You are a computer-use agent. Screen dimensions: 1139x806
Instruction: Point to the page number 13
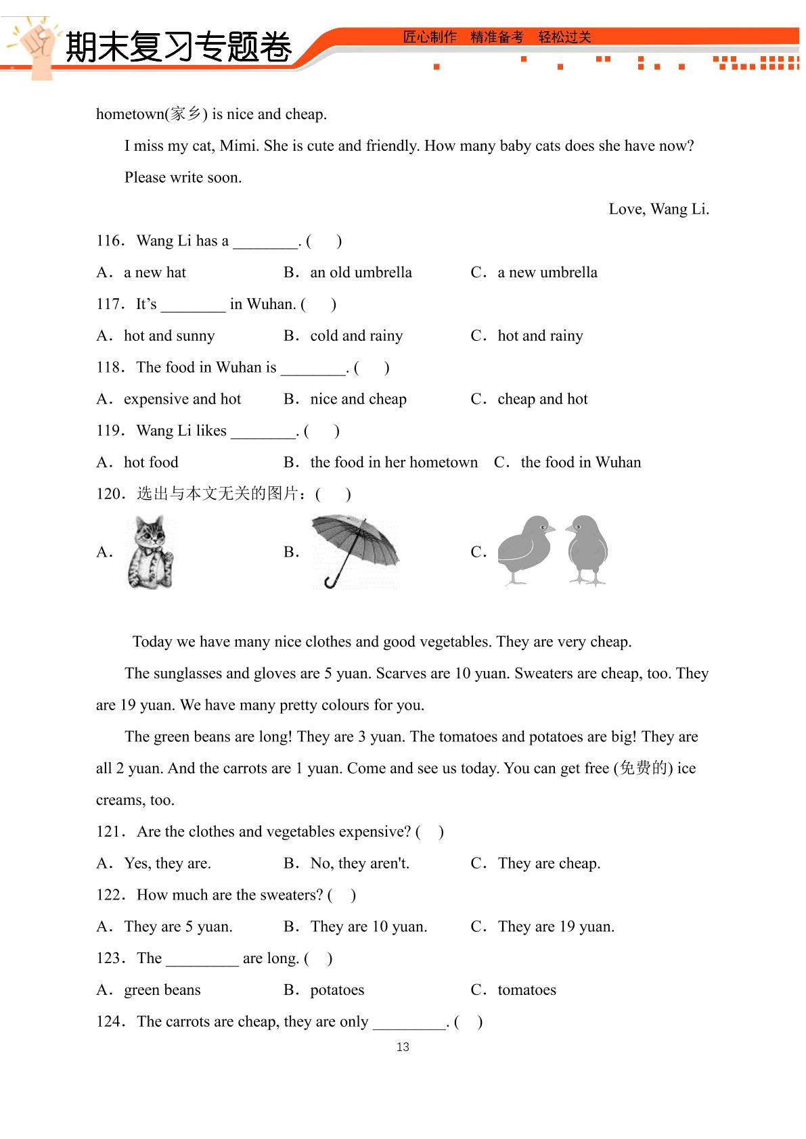pyautogui.click(x=403, y=1047)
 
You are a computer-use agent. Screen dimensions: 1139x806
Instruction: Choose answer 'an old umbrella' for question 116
pyautogui.click(x=361, y=273)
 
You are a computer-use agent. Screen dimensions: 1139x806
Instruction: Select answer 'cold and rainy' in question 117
pyautogui.click(x=356, y=336)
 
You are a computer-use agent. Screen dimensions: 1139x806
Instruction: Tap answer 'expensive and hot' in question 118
pyautogui.click(x=182, y=399)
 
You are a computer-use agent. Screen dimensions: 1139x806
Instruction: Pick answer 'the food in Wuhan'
pyautogui.click(x=581, y=463)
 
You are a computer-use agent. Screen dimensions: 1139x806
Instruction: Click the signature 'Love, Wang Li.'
pyautogui.click(x=658, y=209)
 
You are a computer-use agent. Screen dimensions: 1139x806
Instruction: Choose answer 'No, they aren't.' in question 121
pyautogui.click(x=359, y=864)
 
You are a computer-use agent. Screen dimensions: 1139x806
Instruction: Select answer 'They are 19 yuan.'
pyautogui.click(x=556, y=927)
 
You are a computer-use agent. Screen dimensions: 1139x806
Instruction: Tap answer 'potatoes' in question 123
pyautogui.click(x=337, y=990)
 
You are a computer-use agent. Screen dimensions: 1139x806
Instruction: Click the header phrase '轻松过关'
pyautogui.click(x=564, y=37)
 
